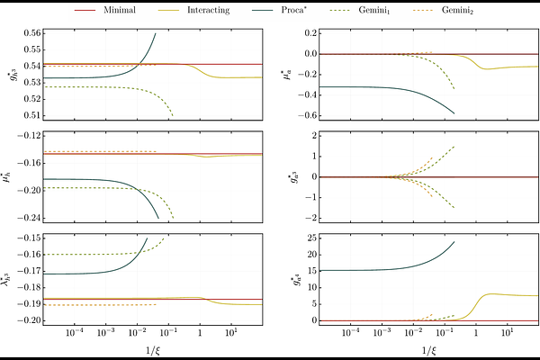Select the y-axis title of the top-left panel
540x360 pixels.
click(8, 74)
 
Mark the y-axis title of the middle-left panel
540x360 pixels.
click(8, 176)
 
